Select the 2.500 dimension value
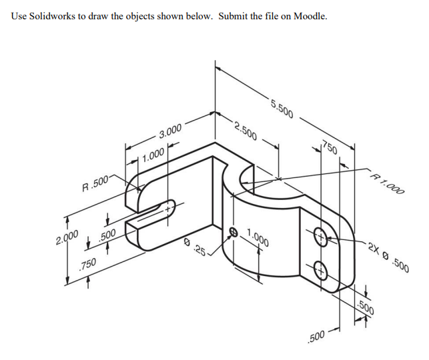(246, 130)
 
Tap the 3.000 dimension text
(169, 133)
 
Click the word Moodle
(309, 15)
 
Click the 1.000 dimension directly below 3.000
(152, 155)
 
